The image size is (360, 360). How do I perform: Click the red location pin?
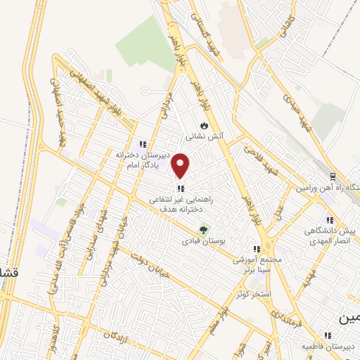[x=181, y=165]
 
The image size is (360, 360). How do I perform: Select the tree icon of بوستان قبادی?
[x=204, y=229]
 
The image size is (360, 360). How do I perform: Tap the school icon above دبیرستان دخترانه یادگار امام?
[x=143, y=143]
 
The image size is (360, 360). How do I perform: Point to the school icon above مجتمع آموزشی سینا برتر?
[x=257, y=249]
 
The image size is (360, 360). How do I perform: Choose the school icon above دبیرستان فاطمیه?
[x=327, y=336]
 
